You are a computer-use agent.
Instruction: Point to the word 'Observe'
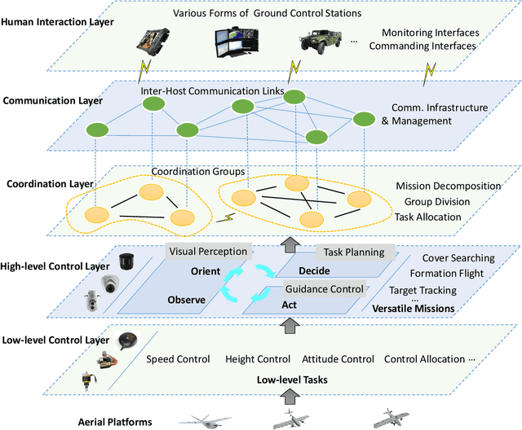pyautogui.click(x=186, y=300)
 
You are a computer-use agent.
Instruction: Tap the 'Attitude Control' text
pyautogui.click(x=337, y=359)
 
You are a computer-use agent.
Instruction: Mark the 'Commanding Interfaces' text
pyautogui.click(x=422, y=46)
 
